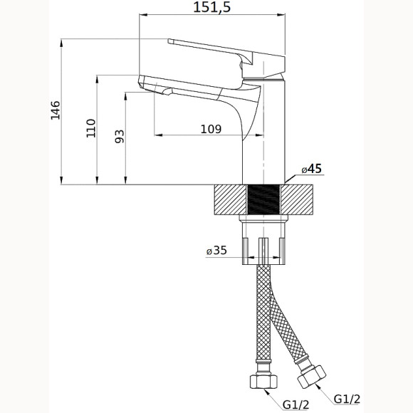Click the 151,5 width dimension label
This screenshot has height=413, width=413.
pos(212,7)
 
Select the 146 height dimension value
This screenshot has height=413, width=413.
pos(56,110)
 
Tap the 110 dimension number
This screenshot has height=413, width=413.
pos(91,128)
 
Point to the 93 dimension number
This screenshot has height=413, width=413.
pos(120,137)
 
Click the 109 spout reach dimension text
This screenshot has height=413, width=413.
pos(211,130)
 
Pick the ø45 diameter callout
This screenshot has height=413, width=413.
pos(312,169)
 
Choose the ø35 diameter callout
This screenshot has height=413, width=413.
pos(216,250)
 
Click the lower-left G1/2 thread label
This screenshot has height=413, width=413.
pos(296,404)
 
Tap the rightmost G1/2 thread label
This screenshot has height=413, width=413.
pos(347,399)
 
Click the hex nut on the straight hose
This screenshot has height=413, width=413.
pos(263,381)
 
